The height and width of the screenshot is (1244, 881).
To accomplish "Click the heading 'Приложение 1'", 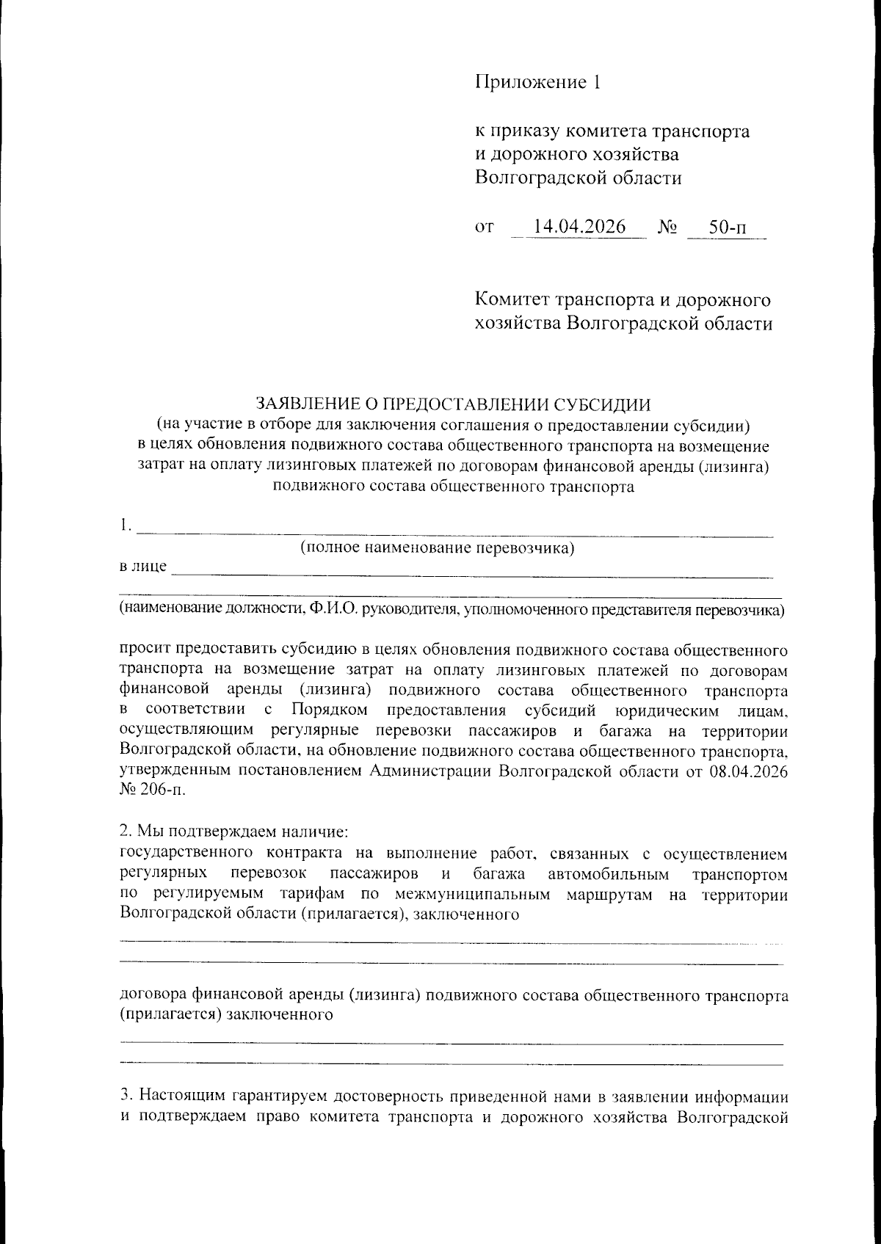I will tap(537, 81).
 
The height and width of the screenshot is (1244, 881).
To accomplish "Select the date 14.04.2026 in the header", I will tap(579, 227).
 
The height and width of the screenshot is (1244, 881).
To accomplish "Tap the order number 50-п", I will tap(727, 228).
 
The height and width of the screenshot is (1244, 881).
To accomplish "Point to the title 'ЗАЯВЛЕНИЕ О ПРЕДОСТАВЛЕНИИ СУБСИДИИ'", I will tap(452, 404).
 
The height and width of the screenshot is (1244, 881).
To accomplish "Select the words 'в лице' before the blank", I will tap(143, 567).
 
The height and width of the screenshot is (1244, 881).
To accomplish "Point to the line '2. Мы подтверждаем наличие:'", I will tap(233, 832).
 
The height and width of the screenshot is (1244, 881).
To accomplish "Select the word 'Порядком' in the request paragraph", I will tap(328, 710).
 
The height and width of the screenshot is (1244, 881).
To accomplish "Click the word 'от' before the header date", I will tap(485, 228).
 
